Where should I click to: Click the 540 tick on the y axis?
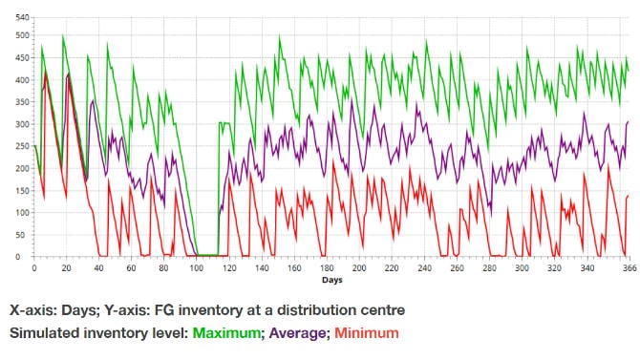[x=23, y=17]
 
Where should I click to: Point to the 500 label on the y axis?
[x=23, y=35]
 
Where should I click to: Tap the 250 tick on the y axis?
[x=23, y=146]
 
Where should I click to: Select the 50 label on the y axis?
[x=25, y=235]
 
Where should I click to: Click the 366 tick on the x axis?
[x=629, y=268]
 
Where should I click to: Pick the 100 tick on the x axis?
[x=197, y=268]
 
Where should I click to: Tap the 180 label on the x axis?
[x=327, y=268]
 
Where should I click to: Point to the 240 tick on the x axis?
[x=424, y=268]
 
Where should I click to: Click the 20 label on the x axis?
[x=66, y=268]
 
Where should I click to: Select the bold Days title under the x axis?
[x=331, y=280]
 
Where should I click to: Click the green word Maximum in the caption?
[x=226, y=332]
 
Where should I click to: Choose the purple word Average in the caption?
[x=297, y=333]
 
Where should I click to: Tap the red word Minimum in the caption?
[x=367, y=332]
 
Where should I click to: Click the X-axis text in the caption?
[x=33, y=310]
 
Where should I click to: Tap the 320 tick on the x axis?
[x=554, y=268]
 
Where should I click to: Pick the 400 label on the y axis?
[x=23, y=80]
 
